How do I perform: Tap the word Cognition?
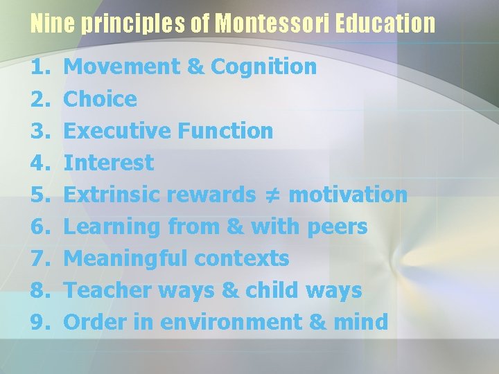[264, 67]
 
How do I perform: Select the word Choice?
[100, 99]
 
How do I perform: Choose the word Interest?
[109, 163]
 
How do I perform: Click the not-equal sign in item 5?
[272, 195]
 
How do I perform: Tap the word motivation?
[348, 195]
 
